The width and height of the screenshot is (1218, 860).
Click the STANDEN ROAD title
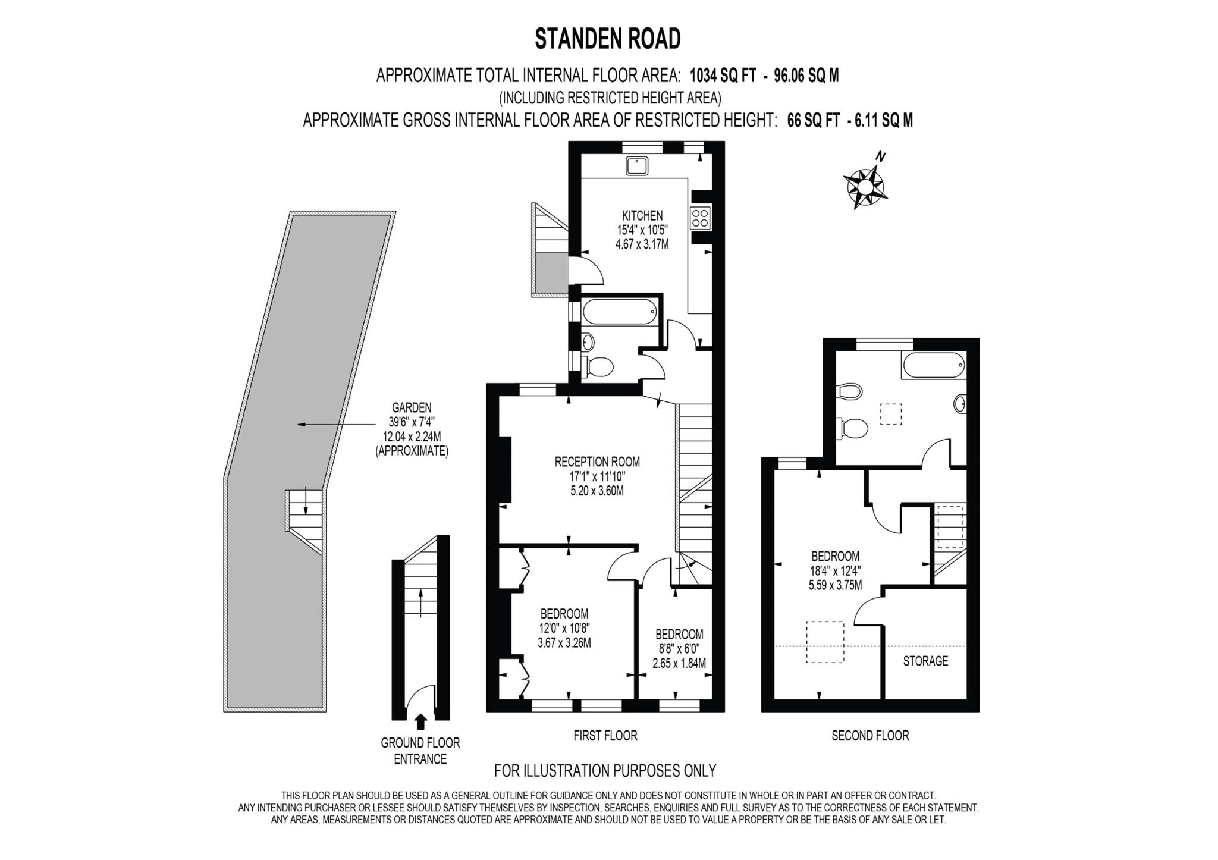coord(607,39)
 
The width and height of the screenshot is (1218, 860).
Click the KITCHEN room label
coord(642,215)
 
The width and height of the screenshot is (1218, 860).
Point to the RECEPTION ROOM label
coord(597,462)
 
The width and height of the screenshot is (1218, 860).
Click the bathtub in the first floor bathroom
coord(619,311)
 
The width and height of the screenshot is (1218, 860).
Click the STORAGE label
coord(925,661)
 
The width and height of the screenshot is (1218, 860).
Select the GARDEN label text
coord(412,408)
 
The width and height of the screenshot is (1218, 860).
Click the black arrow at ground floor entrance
coord(420,721)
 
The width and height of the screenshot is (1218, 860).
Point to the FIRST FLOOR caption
coord(605,736)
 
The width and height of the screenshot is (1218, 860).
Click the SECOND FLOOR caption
coord(869,736)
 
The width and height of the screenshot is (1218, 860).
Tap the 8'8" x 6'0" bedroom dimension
coord(679,649)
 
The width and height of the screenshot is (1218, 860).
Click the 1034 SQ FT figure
coord(723,76)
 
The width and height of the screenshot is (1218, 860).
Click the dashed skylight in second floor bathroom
coord(890,413)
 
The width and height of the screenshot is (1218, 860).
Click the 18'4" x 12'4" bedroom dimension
coord(835,571)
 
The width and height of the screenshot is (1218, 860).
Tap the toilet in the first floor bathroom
coord(598,366)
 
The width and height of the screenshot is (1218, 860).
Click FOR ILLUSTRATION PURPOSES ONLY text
coord(605,771)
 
